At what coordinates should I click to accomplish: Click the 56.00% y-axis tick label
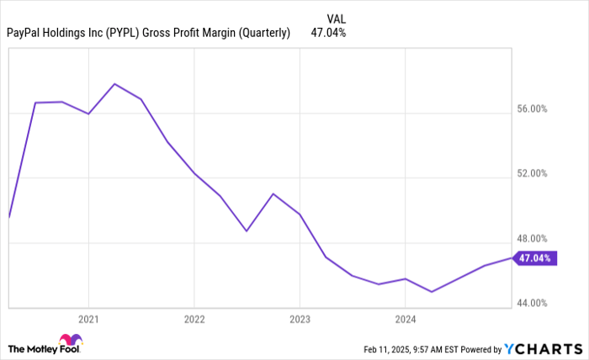(x=532, y=109)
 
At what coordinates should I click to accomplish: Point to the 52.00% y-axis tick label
(x=532, y=174)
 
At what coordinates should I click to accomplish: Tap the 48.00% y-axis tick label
(x=532, y=238)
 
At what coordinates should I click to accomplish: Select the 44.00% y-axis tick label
(x=532, y=303)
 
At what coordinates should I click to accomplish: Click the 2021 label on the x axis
(x=88, y=319)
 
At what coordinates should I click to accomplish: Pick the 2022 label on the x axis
(x=194, y=319)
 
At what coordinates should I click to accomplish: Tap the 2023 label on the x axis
(x=300, y=319)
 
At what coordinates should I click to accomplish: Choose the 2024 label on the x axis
(x=405, y=319)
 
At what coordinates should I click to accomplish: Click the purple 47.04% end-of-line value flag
(x=534, y=258)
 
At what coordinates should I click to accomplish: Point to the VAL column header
(x=336, y=18)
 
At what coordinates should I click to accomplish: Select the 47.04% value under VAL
(x=328, y=33)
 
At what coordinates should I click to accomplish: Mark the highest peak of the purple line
(x=114, y=84)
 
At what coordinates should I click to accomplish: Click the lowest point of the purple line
(x=431, y=292)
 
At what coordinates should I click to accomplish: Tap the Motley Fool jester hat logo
(x=71, y=341)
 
